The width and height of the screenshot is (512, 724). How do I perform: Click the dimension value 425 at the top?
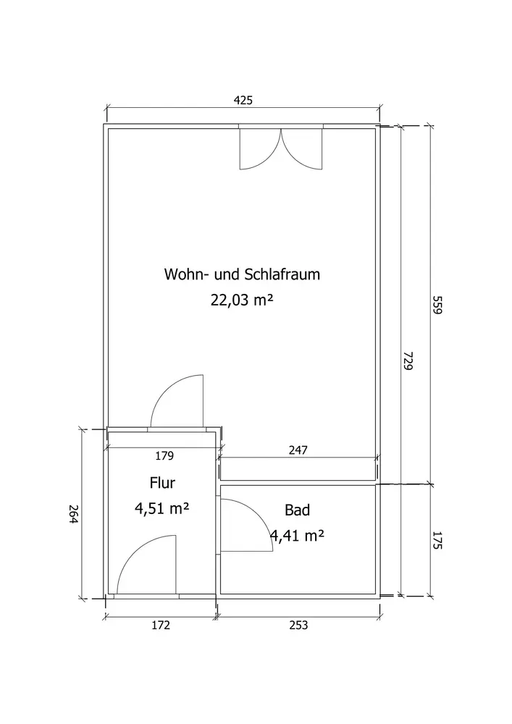[x=243, y=100]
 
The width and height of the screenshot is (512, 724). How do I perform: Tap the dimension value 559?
[x=437, y=305]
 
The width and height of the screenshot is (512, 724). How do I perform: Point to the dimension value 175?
[x=437, y=540]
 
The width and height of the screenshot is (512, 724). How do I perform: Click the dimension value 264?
[x=74, y=514]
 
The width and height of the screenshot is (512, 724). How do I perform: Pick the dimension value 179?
[x=164, y=455]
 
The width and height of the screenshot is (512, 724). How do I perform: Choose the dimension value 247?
[x=298, y=450]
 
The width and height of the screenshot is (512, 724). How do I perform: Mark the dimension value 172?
[x=161, y=626]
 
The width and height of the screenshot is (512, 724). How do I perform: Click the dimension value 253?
[x=298, y=626]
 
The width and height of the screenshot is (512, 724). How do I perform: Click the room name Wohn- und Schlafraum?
[x=242, y=274]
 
